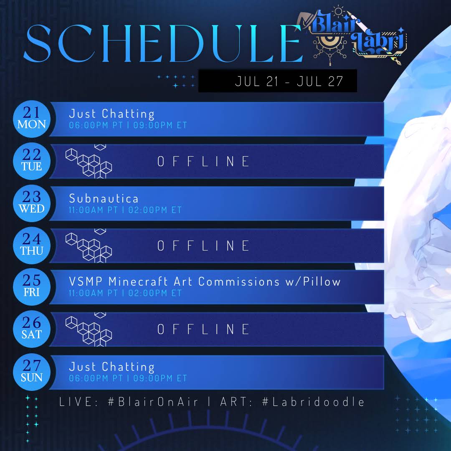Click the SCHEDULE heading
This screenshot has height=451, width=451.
click(163, 43)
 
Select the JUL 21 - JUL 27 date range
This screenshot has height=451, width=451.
click(289, 81)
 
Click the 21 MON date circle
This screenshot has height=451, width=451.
click(32, 119)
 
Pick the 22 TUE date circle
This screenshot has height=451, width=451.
click(32, 161)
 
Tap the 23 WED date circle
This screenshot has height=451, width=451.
click(32, 203)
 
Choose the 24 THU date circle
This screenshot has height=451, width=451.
click(32, 246)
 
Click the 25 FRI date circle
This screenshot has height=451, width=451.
click(32, 287)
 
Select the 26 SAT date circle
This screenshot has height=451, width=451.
click(32, 329)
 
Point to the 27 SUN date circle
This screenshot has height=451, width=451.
click(32, 372)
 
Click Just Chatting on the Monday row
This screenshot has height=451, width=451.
click(112, 114)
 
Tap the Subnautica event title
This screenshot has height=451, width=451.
click(104, 198)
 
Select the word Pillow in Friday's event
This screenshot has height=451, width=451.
click(322, 281)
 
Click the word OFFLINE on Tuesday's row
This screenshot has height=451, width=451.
click(203, 161)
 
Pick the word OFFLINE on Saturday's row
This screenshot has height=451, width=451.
click(203, 329)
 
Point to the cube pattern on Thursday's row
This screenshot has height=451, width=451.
click(89, 246)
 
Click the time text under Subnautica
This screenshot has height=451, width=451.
click(125, 210)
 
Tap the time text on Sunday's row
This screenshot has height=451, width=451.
click(128, 378)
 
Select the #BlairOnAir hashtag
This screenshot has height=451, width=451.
click(153, 402)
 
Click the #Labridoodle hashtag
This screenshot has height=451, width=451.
click(313, 402)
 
